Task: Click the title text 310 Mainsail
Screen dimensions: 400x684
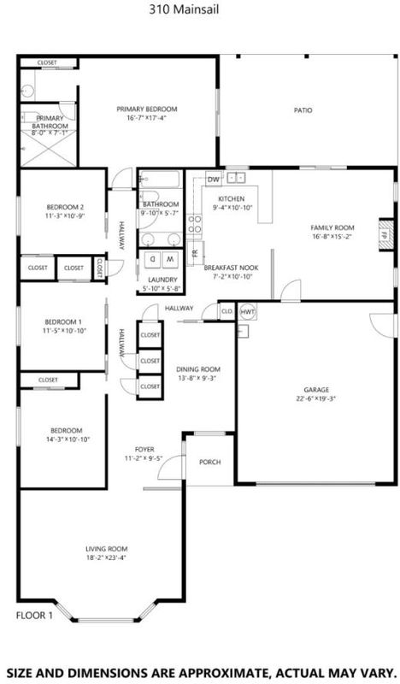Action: tap(184, 9)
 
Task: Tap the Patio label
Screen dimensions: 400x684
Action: tap(303, 110)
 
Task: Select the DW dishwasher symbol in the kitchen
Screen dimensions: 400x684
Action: tap(214, 180)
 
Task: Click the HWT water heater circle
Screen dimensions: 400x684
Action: tap(247, 311)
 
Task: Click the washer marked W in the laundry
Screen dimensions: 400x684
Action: tap(171, 259)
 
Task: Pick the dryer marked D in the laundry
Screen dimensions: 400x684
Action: tap(153, 259)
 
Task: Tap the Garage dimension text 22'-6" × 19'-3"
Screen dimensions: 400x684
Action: tap(316, 398)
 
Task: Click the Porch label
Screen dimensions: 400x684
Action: tap(209, 462)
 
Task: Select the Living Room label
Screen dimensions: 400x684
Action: tap(107, 549)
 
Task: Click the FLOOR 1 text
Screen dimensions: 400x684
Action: tap(34, 616)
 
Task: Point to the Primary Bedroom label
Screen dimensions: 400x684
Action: tap(146, 109)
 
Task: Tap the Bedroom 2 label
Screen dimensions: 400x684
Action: tap(65, 207)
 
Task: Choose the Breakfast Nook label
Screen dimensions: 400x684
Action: tap(231, 268)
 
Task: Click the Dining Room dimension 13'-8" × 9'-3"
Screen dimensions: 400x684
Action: tap(198, 378)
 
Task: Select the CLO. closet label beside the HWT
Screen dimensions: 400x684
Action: tap(226, 311)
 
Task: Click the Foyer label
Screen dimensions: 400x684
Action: tap(144, 450)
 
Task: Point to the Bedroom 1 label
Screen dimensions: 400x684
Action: tap(63, 322)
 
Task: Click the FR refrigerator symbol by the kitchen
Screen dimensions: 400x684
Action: tap(195, 253)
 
